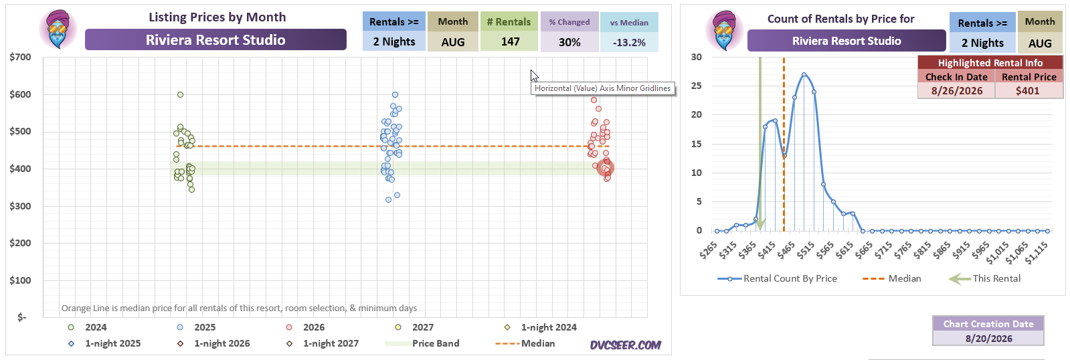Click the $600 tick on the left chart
[20, 94]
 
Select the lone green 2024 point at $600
[180, 94]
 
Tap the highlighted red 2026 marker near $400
[605, 167]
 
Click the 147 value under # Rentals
[510, 41]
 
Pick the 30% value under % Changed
[569, 43]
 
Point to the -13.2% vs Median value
[628, 43]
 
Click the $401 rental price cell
[1027, 91]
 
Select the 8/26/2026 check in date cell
[957, 91]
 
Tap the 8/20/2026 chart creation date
[989, 339]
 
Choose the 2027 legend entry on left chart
[414, 327]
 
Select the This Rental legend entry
[984, 278]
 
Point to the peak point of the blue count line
[804, 74]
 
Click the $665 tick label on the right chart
[865, 250]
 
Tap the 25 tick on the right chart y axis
[697, 86]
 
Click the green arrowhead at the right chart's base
[760, 225]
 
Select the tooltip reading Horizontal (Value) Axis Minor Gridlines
[603, 88]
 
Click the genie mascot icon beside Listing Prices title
[58, 29]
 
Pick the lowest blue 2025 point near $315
[388, 199]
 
